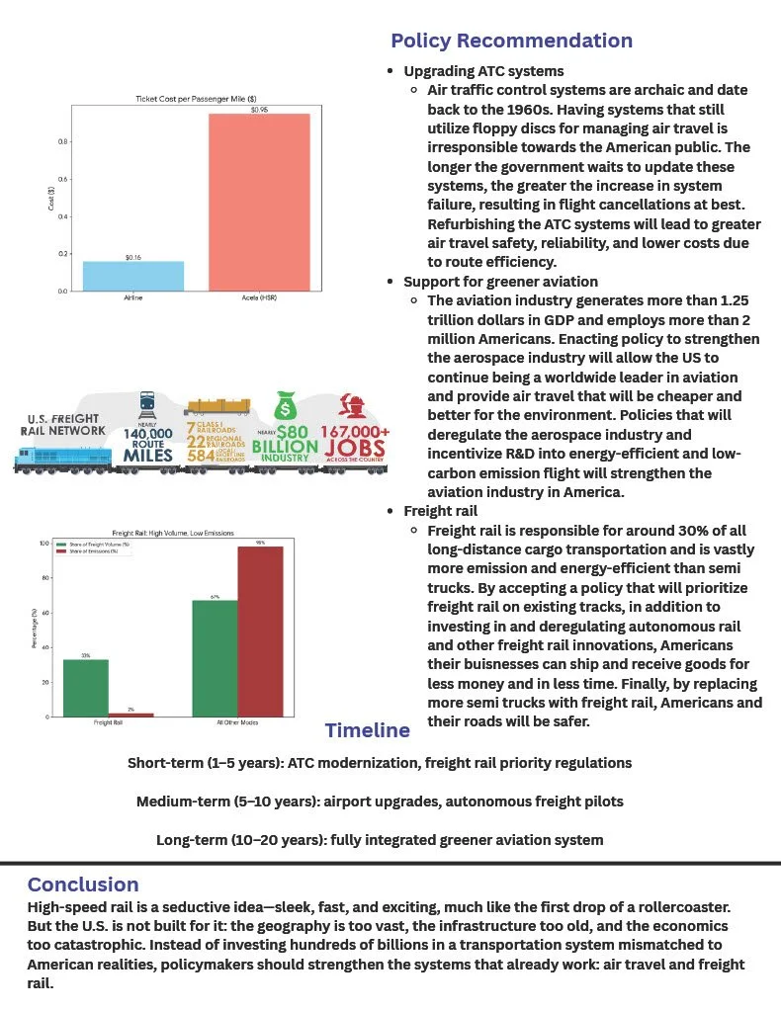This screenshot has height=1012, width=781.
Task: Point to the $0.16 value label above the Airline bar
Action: [134, 257]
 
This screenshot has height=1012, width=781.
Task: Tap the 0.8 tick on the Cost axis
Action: [62, 142]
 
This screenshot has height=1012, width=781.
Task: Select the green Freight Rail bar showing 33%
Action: [86, 687]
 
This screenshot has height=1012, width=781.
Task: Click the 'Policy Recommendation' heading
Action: [511, 41]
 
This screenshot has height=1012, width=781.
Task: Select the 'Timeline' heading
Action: [367, 730]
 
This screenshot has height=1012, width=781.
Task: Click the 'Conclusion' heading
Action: [83, 884]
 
